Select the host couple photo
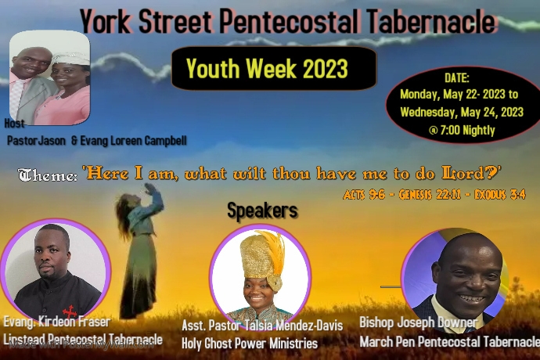[x=49, y=78]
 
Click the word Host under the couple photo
[x=15, y=124]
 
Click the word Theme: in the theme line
[x=47, y=176]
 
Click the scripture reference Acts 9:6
[x=362, y=194]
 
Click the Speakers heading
[x=262, y=211]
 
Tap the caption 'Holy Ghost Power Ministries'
[x=250, y=344]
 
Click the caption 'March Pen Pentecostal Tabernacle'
[x=449, y=342]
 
